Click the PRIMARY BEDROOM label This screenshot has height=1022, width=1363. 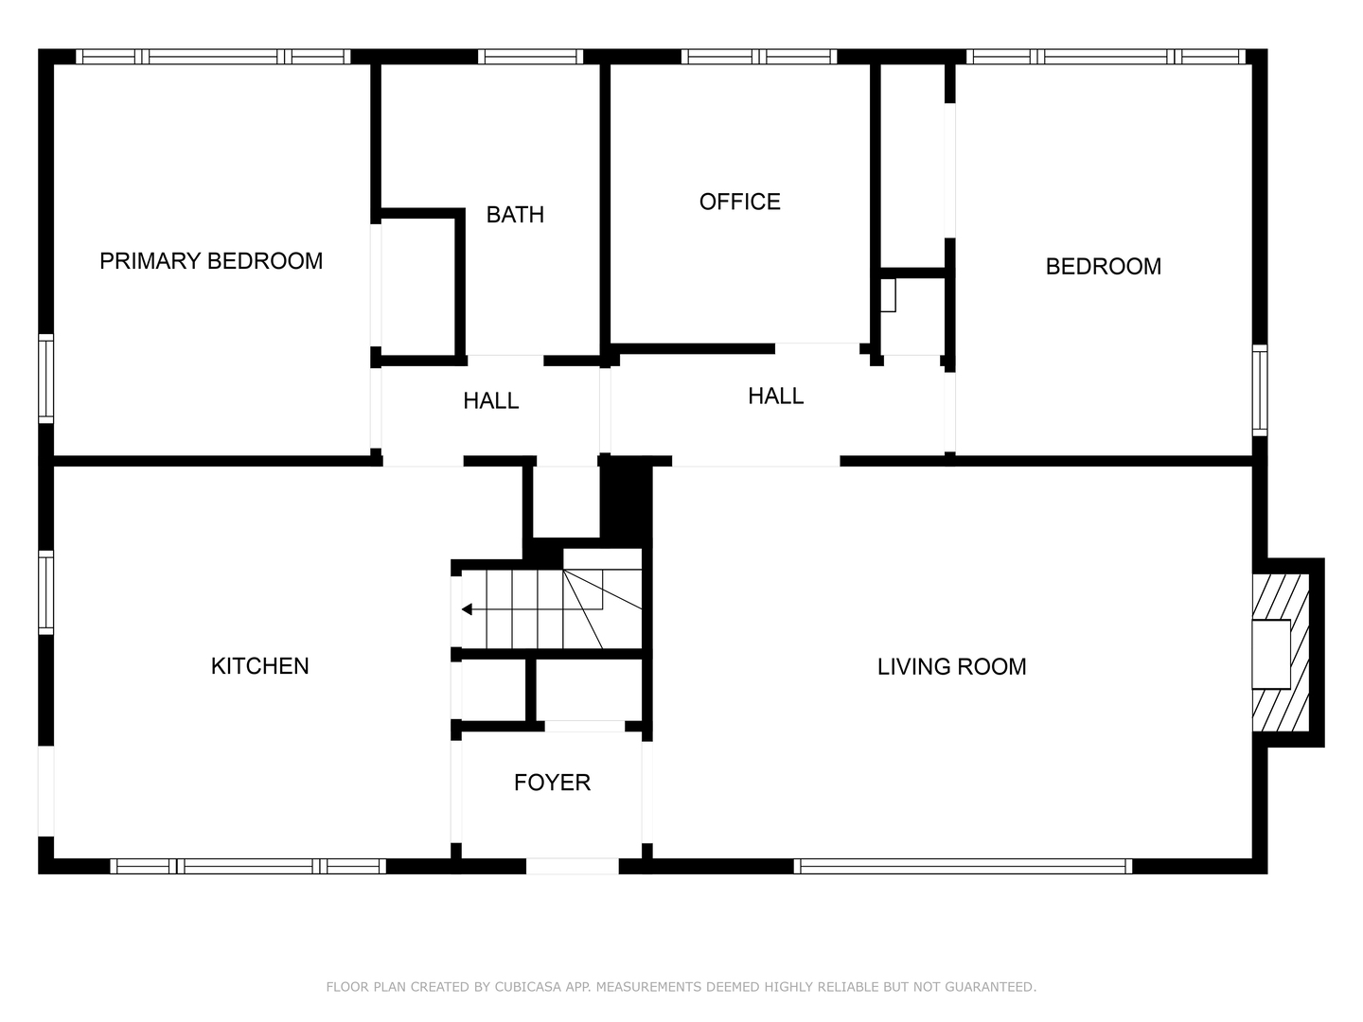[x=211, y=261]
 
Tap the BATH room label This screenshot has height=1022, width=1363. [x=515, y=215]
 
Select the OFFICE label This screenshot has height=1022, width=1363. [x=739, y=202]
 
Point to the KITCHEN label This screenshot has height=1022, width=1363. [x=259, y=666]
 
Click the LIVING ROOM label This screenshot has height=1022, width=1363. [x=951, y=666]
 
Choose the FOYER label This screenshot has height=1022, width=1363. [x=552, y=783]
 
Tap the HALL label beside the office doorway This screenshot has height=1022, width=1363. [x=775, y=396]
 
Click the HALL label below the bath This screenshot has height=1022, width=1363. [x=490, y=401]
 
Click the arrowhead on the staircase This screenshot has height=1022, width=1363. [x=467, y=609]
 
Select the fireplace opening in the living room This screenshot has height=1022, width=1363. [x=1270, y=654]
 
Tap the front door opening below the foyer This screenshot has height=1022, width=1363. [x=573, y=866]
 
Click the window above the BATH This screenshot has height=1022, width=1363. [x=530, y=57]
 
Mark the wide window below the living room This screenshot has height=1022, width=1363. [x=963, y=866]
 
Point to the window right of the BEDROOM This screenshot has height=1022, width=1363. [x=1259, y=390]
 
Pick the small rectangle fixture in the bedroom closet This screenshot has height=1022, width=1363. [x=888, y=294]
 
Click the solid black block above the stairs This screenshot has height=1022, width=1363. [x=626, y=502]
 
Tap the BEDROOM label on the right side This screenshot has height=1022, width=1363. [x=1103, y=267]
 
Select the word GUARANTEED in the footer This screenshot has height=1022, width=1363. [x=990, y=987]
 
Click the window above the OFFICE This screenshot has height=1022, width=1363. [x=759, y=57]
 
